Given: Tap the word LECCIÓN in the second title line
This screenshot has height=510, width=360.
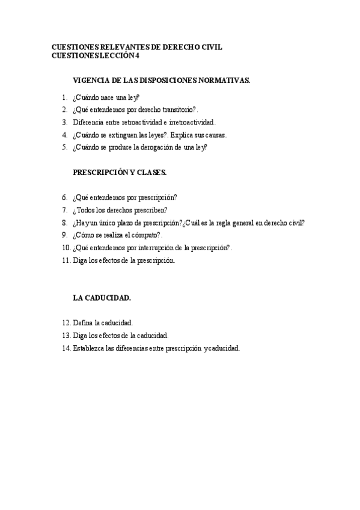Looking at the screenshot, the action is click(120, 56).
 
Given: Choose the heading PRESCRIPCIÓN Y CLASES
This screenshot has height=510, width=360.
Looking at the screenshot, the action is click(120, 172).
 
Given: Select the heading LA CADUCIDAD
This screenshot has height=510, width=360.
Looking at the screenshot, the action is click(102, 298).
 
